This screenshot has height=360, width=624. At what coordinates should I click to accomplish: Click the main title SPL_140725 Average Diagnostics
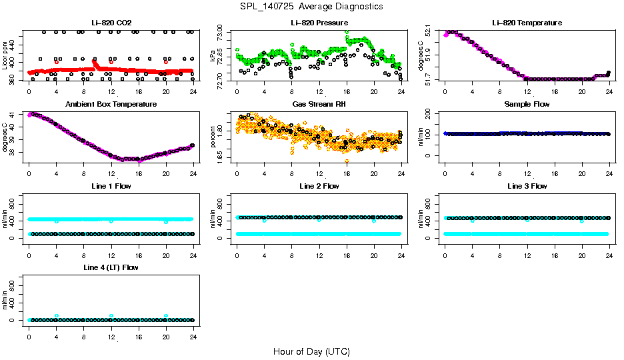312,6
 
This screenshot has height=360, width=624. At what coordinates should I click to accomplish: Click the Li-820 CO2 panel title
111,23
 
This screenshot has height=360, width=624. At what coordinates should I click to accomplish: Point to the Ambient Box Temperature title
111,104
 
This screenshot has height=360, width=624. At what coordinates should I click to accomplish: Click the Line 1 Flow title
111,186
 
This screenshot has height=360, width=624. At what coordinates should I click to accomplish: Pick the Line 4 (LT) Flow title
111,267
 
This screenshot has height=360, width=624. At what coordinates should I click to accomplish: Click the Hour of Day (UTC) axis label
311,351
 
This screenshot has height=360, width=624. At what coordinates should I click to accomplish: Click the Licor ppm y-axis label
5,56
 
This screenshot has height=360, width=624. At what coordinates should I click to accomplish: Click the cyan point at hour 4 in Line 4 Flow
57,316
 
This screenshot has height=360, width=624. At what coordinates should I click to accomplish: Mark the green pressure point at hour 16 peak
347,32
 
